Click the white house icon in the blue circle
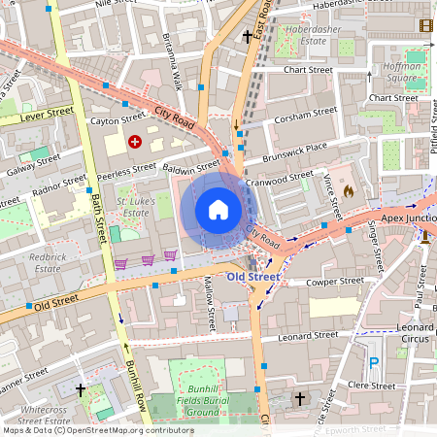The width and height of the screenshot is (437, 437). pos(218,210)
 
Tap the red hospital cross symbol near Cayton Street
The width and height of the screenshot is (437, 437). pos(134,142)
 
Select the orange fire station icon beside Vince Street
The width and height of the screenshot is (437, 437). pos(348,192)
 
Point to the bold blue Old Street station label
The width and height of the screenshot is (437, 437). pos(252,278)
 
